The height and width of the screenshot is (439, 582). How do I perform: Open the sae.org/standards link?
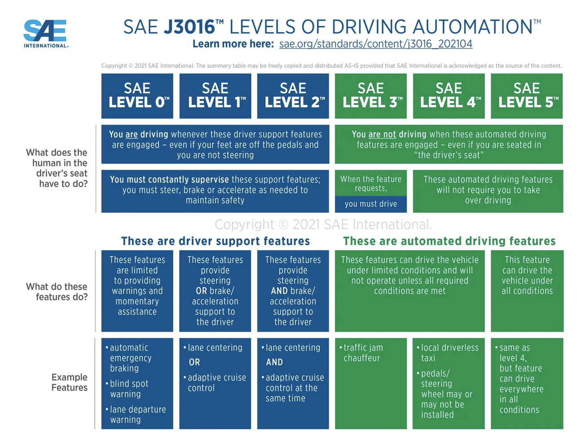[375, 44]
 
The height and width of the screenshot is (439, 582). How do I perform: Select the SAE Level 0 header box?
[137, 96]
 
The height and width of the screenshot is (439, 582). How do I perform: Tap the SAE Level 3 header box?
[371, 96]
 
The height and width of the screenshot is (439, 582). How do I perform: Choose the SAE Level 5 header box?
[527, 96]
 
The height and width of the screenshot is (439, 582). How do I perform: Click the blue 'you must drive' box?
[371, 204]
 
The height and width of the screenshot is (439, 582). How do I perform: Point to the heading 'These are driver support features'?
[216, 241]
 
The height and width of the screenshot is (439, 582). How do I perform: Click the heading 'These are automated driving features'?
[449, 241]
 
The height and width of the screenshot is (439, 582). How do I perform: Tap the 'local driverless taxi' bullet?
[449, 353]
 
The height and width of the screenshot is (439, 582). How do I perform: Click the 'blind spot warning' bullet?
[129, 389]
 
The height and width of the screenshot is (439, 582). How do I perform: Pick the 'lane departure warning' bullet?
[137, 414]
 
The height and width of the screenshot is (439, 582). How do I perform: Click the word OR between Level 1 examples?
[194, 362]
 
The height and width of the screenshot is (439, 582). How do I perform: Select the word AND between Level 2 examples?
[274, 362]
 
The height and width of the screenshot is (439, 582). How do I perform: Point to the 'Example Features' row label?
[69, 382]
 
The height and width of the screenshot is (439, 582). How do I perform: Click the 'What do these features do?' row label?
[57, 292]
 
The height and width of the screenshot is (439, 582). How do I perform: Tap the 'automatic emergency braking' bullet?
[130, 358]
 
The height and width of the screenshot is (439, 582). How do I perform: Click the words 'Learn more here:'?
[233, 44]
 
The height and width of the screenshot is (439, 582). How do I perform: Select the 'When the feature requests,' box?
[371, 183]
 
